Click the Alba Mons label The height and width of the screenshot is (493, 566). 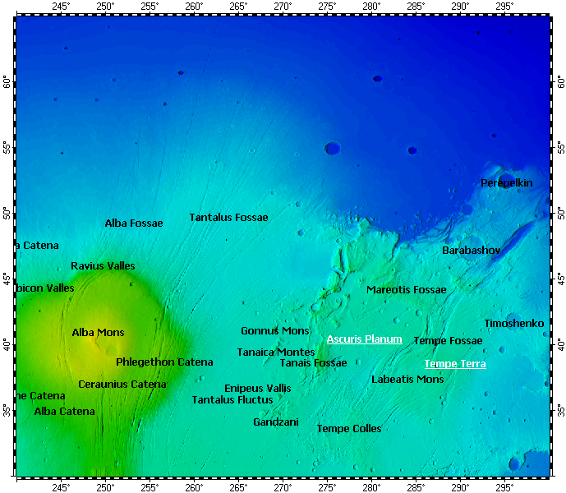(98, 333)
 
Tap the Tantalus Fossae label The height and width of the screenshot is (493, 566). (228, 218)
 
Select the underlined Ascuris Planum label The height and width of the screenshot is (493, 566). (364, 339)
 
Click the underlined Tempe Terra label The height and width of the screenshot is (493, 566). (454, 364)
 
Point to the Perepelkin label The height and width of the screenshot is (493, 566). (506, 182)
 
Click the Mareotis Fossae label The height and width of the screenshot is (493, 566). (406, 290)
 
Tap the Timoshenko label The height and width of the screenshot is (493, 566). (513, 324)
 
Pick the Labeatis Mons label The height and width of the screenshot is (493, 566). (407, 380)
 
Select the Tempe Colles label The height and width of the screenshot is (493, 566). (349, 429)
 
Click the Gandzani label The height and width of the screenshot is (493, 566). (275, 422)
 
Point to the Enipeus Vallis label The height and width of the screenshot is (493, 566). (257, 388)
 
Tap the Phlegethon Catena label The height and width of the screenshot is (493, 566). (164, 362)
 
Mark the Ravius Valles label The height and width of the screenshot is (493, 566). (103, 266)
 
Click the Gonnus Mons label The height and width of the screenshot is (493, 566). (274, 331)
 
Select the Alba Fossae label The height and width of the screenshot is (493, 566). (133, 223)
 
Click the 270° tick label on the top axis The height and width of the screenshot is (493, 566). (283, 7)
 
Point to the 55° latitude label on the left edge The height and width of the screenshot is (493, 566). (7, 148)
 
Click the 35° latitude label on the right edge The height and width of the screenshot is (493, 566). (560, 409)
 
